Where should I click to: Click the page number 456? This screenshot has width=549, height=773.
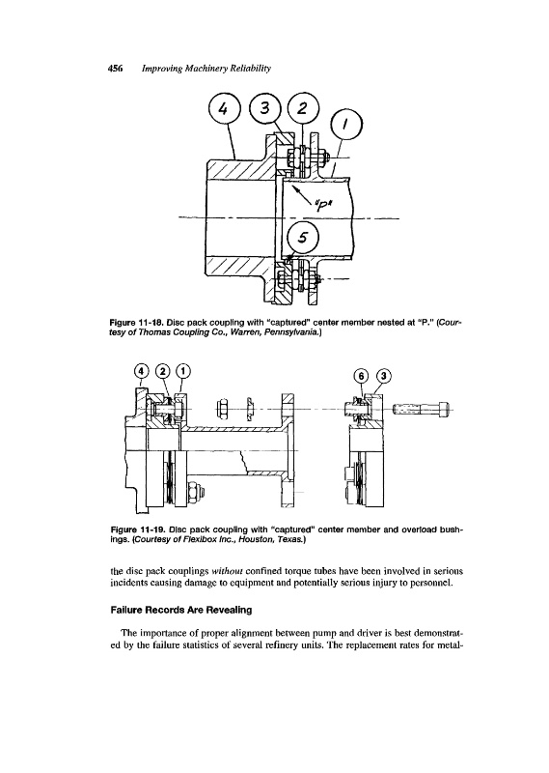pos(115,69)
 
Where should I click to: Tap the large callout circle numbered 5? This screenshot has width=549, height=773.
pos(303,238)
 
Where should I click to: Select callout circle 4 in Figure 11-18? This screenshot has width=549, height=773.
pos(224,110)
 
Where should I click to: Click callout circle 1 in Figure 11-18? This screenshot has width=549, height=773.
pos(346,126)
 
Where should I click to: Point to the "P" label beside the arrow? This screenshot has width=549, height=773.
pos(322,202)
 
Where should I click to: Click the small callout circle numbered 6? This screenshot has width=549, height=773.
pos(362,376)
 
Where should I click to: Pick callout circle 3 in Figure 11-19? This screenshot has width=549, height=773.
pos(384,376)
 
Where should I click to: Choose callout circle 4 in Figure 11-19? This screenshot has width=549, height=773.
pos(142,370)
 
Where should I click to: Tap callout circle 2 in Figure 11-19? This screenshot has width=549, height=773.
pos(163,370)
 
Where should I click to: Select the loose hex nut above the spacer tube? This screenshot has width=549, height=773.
pos(222,408)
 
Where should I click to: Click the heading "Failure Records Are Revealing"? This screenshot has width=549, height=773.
pos(180,610)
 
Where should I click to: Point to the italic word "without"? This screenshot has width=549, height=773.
pos(227,571)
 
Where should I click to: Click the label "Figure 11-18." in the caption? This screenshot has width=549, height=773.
pos(137,323)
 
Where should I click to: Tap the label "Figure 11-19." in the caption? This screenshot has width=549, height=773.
pos(138,530)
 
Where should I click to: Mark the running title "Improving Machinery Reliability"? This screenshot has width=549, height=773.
pos(206,69)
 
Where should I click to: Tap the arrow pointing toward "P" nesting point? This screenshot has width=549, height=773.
pos(300,192)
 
